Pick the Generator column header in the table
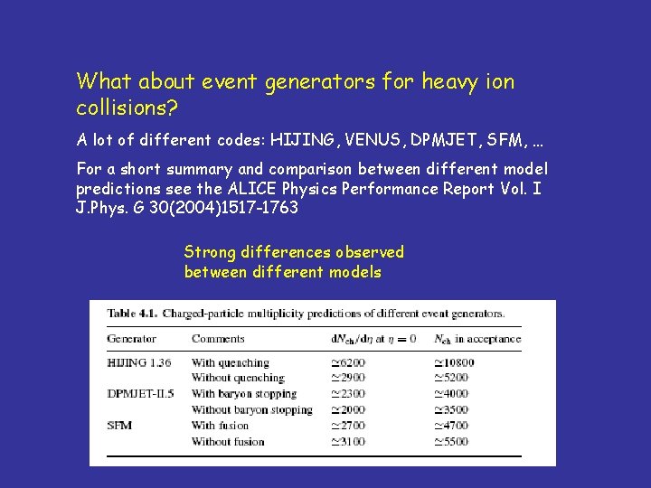(x=132, y=339)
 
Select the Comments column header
(x=218, y=339)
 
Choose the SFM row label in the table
(x=120, y=426)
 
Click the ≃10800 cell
(x=455, y=362)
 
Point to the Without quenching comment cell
(x=238, y=378)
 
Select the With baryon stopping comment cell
(x=244, y=394)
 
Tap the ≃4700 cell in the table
(x=451, y=426)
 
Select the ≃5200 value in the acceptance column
(x=451, y=378)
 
